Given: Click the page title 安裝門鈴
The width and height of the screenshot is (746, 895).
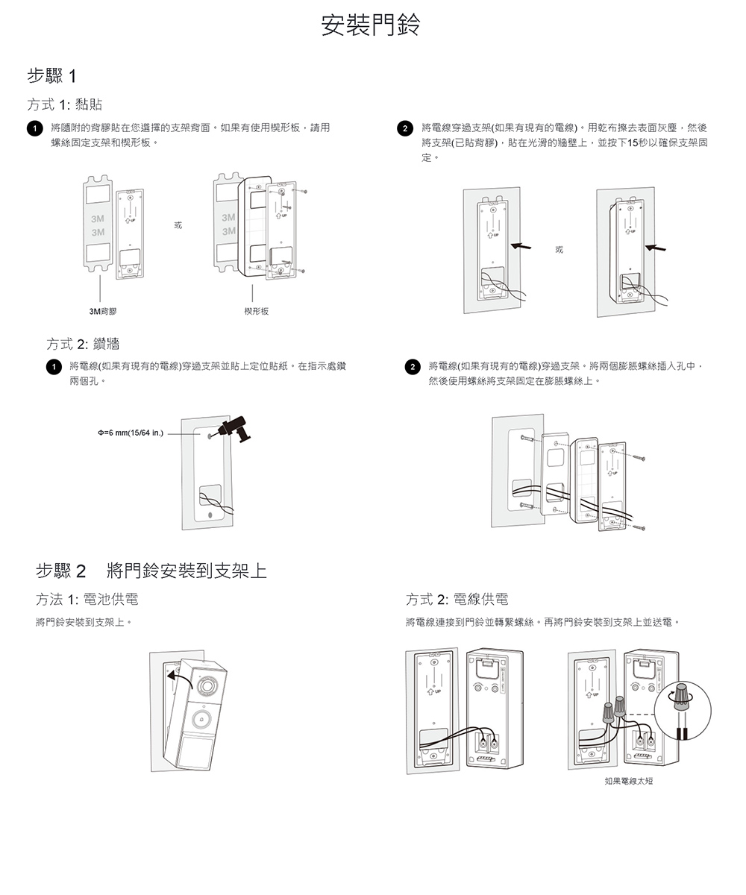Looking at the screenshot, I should [371, 25].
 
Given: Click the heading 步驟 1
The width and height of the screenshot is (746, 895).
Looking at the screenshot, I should [51, 76].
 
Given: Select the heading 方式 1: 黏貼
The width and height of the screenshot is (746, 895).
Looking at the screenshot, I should [65, 104].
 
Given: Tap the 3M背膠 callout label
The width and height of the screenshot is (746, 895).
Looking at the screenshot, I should [98, 310].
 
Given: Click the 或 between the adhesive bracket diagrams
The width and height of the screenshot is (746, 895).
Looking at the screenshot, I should [177, 224].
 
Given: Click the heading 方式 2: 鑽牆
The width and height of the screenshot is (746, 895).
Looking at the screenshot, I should [83, 344].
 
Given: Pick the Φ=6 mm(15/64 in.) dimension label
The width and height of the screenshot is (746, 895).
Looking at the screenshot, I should [131, 433].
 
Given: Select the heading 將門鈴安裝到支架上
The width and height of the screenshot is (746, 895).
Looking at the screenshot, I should [186, 572].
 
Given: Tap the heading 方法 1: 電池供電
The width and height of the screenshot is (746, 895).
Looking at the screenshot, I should [87, 600].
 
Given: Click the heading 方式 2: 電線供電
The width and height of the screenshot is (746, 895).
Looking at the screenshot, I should [457, 600].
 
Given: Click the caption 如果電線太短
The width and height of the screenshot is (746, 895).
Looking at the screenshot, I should [628, 781].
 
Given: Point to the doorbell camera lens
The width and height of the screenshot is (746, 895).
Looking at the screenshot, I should [207, 683].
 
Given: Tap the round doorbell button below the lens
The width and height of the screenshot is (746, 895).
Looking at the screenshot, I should [200, 719].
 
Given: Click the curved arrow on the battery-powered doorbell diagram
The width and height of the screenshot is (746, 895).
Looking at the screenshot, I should [178, 674].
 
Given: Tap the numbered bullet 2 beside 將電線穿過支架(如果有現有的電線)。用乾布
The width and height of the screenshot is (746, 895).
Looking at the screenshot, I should [404, 129].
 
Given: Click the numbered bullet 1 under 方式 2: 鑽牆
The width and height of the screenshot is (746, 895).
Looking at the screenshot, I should [52, 367].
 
